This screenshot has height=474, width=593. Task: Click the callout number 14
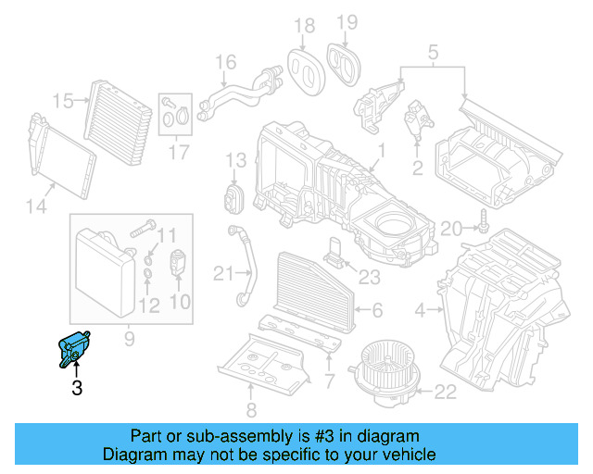click(36, 206)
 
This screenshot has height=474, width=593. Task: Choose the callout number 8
click(249, 410)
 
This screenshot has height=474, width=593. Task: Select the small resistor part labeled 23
click(333, 253)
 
